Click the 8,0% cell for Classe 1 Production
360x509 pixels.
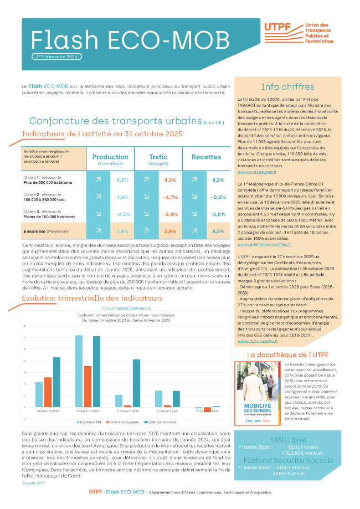coord(122,180)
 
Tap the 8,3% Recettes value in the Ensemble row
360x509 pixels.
coord(218,232)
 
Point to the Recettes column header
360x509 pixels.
coord(206,157)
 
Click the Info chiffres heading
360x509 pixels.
coord(287,86)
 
